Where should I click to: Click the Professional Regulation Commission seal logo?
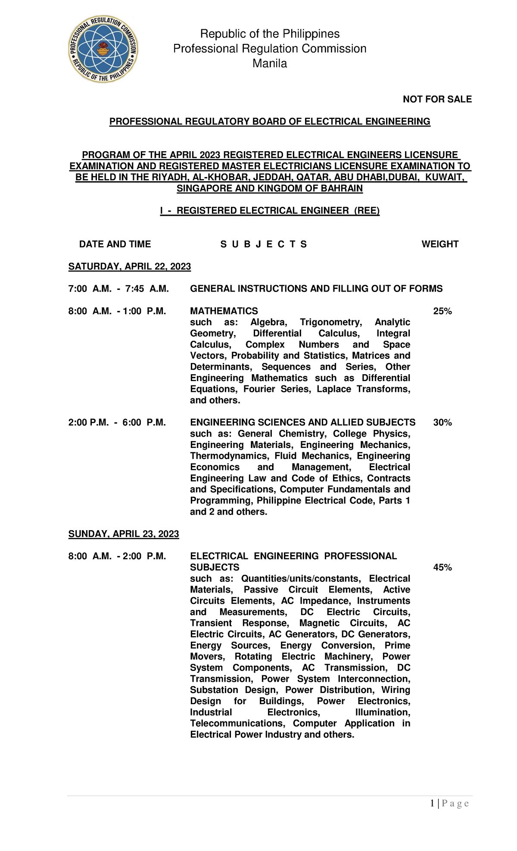coord(103,49)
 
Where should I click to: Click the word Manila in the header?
coord(270,63)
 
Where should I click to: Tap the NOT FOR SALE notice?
coord(437,99)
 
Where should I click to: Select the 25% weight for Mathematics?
coord(442,311)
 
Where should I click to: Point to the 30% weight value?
coord(442,423)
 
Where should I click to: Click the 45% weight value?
coord(442,568)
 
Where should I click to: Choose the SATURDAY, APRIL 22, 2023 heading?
coord(129,267)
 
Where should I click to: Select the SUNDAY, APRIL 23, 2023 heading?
coord(124,534)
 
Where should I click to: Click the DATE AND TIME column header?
coord(115,244)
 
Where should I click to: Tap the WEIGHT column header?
coord(440,244)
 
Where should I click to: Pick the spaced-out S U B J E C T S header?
coord(263,244)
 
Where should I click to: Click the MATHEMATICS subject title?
coord(224,311)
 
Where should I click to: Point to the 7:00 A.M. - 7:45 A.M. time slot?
coord(118,289)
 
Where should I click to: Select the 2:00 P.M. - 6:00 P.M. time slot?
coord(117,423)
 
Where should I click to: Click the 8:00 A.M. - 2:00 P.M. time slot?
coord(117,556)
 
